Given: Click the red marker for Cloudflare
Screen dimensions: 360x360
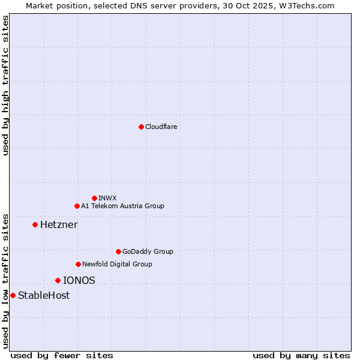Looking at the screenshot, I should coord(141,127).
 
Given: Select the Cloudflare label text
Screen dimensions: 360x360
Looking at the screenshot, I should coord(161,127).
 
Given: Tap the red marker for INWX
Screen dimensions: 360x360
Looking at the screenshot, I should coord(94,198).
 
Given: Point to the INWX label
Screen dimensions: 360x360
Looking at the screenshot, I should coord(107,198).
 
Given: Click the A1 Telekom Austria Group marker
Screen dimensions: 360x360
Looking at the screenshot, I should coord(77,206).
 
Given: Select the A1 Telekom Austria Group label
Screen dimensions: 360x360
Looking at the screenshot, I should coord(122,206).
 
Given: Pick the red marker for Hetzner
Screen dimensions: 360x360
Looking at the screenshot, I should coord(35,224).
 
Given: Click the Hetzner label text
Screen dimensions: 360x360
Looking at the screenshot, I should coord(59,224).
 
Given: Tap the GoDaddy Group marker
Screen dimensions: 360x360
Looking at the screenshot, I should coord(118,251).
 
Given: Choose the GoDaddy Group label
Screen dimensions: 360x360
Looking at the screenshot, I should coord(148,251).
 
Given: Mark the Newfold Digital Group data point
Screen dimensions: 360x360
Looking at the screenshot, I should coord(78,264).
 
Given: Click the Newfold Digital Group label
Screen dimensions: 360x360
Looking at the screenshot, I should coord(117,264).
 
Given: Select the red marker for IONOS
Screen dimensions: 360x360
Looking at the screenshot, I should coord(58,280).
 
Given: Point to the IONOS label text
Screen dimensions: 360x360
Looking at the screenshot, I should coord(79,280).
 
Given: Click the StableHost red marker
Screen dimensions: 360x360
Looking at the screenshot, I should coord(13,295).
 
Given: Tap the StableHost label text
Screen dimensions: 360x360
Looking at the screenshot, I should coord(44,295).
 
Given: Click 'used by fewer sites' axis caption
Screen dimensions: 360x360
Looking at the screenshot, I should coord(62,355).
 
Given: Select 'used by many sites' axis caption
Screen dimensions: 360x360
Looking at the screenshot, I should coord(301,355).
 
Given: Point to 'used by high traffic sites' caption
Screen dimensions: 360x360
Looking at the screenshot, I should coord(5,85).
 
